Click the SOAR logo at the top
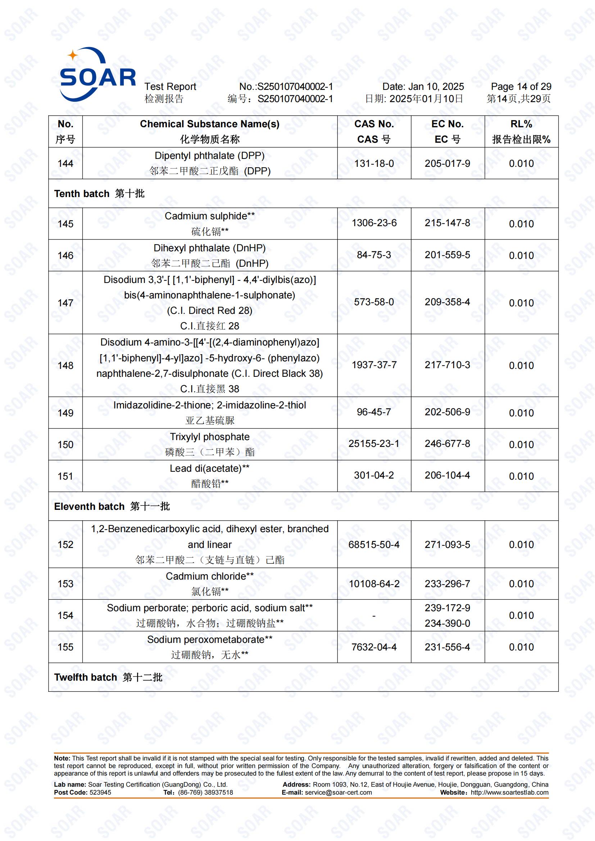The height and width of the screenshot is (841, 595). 97,75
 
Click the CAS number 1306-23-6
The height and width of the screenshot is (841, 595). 374,223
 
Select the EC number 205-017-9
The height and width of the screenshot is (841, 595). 448,163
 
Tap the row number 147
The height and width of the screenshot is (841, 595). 65,303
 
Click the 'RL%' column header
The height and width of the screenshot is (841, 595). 521,124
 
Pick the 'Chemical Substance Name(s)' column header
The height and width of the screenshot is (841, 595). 210,124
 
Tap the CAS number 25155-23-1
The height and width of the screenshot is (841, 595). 374,444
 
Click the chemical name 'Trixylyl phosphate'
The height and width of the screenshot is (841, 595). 210,437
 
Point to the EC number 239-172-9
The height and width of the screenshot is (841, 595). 448,608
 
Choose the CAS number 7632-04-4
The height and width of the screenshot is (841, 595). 374,647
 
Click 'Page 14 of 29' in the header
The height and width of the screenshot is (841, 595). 521,86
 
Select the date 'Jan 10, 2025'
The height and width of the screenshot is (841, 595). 436,86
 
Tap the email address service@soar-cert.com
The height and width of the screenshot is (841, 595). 338,793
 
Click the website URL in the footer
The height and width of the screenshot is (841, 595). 509,793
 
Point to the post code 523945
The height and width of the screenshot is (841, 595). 100,793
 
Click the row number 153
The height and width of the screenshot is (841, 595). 65,584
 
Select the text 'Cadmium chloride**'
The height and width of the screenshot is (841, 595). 210,576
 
